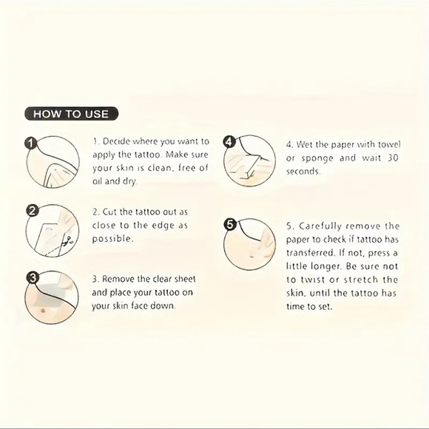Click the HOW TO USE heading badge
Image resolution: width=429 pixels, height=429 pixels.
coord(71,114)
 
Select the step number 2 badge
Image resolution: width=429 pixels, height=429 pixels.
coord(31,210)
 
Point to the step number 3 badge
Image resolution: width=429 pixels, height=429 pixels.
coord(31,279)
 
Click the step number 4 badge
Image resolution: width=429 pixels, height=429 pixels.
coord(229,141)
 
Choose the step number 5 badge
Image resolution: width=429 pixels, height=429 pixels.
coord(229,224)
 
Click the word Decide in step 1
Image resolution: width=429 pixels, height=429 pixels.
coord(117,141)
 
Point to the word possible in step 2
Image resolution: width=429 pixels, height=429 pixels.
coord(112,239)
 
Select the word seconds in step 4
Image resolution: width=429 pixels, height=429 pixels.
coord(303,172)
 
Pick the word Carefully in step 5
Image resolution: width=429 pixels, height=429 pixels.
coord(320,226)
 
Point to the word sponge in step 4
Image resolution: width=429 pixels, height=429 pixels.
coord(315,158)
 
